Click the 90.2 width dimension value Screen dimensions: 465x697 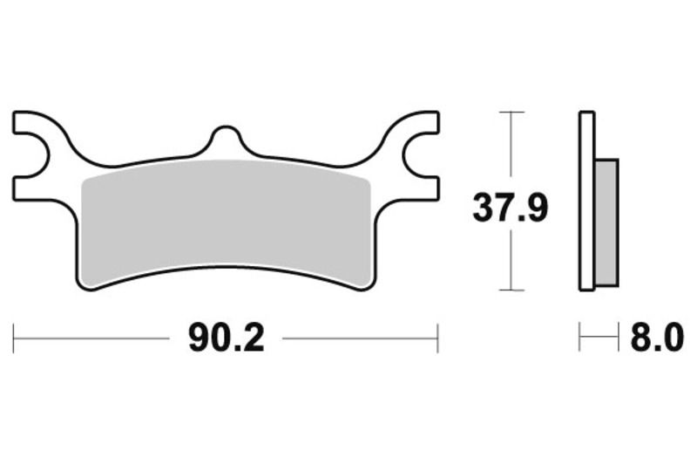226,338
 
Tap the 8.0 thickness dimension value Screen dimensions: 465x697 657,338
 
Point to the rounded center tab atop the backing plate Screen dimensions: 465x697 226,140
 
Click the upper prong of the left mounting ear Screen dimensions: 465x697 35,122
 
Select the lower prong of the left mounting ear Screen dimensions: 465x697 35,185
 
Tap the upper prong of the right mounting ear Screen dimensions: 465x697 416,122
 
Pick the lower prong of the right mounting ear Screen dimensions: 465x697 416,185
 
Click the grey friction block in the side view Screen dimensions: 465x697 606,222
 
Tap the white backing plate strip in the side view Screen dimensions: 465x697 586,201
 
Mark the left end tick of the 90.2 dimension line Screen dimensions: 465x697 14,338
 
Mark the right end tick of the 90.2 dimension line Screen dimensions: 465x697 437,338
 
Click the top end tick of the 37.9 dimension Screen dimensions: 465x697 511,113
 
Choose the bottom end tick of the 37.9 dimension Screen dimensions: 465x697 511,290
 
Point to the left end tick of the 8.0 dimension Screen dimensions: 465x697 580,338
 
